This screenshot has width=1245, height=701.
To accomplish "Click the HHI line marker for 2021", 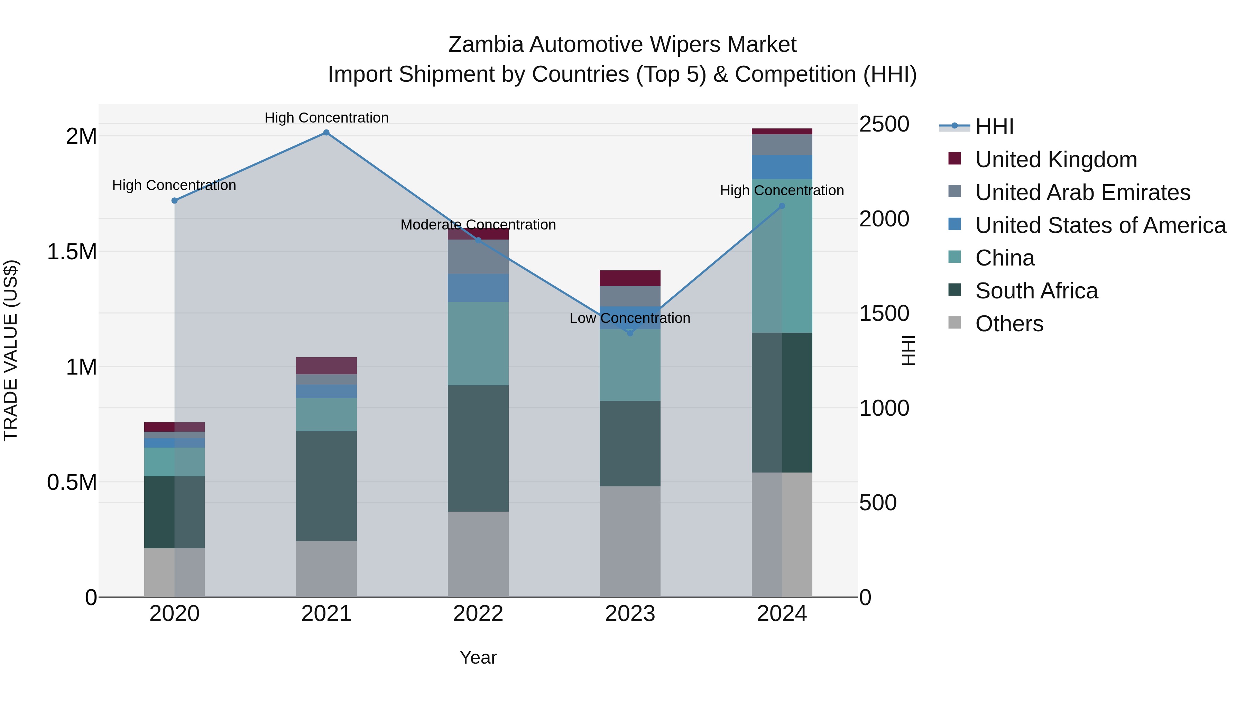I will coord(326,133).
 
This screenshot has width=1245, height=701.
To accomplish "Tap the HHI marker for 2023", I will coord(630,333).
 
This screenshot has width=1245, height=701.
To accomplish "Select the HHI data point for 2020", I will coord(175,200).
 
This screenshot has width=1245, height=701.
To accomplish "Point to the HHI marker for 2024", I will coord(782,206).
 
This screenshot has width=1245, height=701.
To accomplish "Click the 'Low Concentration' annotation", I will coord(630,318).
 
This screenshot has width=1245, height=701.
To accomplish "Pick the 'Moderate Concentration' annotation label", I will coord(478,225).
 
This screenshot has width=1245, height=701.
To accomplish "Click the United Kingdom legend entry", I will coord(1056,160).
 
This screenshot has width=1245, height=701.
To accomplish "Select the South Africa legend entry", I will coord(1036,291).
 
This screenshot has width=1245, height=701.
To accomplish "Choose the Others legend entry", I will coord(1009,324).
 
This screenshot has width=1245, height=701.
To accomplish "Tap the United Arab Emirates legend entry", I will coord(1082,192).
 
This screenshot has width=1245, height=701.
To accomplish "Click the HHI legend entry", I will coord(994,127).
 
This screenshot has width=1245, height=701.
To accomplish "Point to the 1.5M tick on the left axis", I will coord(72,252).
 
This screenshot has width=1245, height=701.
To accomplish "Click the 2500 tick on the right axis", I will coord(884,124).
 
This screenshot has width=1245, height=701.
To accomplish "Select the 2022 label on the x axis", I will coord(478,614).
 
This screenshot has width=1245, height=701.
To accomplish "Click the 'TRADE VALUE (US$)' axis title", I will coord(11,350).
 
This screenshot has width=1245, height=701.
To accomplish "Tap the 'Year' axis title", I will coord(478,657).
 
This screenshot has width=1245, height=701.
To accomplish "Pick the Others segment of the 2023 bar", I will coord(630,541).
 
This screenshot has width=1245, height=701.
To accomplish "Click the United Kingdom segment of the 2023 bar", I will coord(630,278).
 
